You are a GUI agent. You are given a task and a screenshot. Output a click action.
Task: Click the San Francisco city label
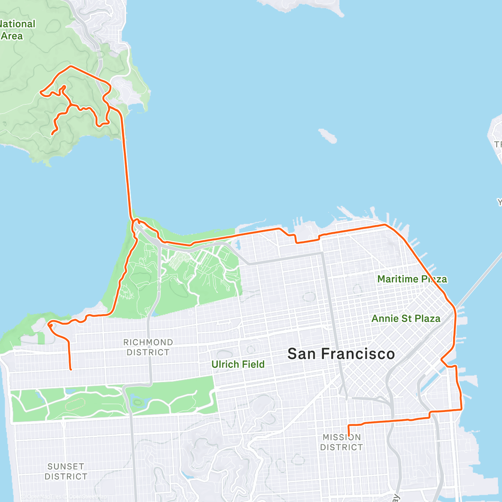[341, 354]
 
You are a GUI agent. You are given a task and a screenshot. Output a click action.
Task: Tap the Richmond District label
[148, 347]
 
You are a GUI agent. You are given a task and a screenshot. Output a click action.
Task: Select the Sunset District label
[66, 471]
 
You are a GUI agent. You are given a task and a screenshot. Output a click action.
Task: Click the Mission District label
[341, 442]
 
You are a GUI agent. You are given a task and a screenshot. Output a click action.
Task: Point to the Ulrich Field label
[238, 364]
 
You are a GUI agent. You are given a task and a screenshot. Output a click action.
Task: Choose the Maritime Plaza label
[412, 279]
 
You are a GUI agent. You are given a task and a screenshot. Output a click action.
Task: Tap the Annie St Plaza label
[406, 318]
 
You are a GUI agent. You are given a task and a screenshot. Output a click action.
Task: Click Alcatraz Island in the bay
[328, 136]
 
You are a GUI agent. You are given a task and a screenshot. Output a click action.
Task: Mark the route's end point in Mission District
[348, 436]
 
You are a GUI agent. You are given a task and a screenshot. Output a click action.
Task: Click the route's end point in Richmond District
[71, 369]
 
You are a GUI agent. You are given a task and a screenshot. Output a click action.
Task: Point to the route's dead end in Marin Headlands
[52, 134]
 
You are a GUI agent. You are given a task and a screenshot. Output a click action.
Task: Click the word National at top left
[18, 24]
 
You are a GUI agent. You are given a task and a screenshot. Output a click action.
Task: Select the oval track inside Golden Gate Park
[75, 404]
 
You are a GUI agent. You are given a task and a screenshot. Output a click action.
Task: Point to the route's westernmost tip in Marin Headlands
[40, 92]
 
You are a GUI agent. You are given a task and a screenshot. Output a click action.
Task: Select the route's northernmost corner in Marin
[70, 66]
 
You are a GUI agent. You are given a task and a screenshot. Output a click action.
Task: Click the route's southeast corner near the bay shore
[461, 410]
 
